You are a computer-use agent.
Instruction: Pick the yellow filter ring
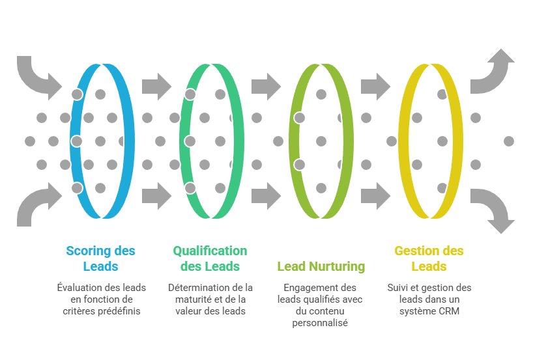[x=457, y=141]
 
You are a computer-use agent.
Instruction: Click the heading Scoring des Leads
[x=100, y=258]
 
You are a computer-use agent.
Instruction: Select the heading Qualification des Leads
[x=210, y=258]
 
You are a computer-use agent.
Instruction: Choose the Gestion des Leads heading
[x=429, y=258]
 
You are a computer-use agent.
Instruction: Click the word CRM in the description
[x=449, y=311]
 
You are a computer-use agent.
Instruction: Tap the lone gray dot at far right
[x=509, y=141]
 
